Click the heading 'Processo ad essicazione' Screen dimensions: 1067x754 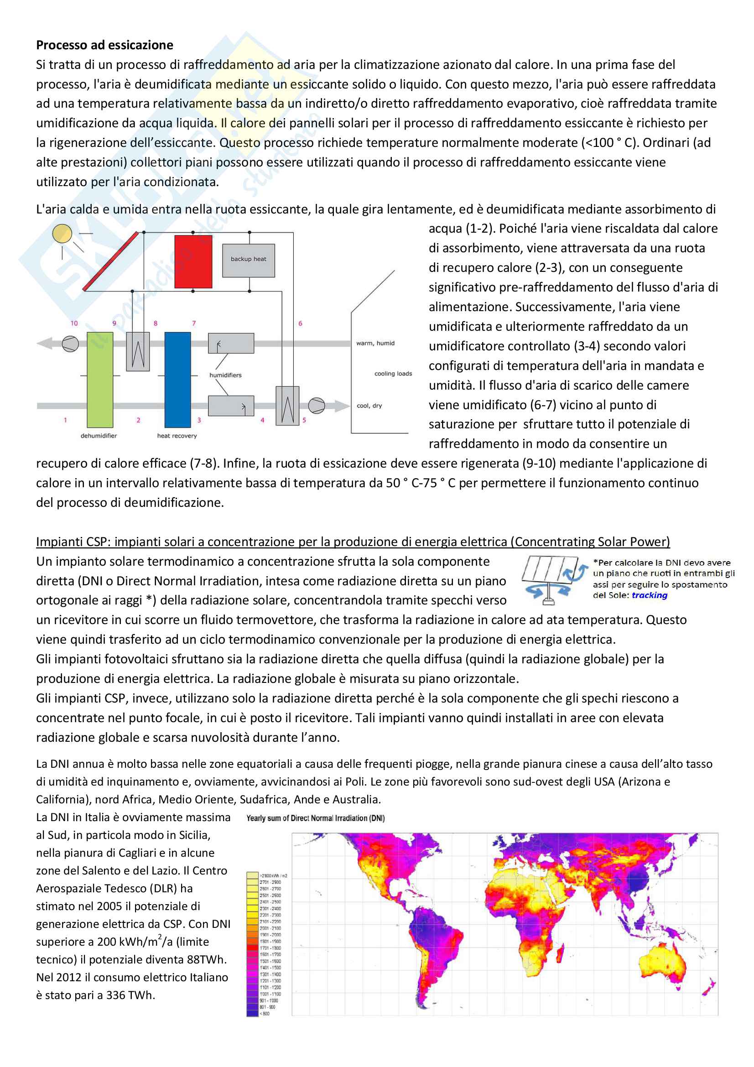[104, 45]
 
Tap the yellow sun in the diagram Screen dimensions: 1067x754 [62, 234]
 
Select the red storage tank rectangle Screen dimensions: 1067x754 [193, 262]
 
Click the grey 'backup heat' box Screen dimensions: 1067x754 [249, 260]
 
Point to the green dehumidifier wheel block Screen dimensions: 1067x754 [100, 379]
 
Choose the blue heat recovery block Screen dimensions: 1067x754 [177, 379]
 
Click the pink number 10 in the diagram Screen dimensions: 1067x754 [74, 323]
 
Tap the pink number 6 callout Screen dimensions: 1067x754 [300, 323]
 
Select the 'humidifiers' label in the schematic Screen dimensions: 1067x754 [225, 375]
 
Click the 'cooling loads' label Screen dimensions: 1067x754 [393, 374]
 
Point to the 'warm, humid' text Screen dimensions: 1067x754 [375, 344]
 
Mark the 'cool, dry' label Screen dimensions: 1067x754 [369, 406]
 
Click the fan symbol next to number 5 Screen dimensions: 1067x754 [317, 405]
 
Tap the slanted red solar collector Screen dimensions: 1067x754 [110, 261]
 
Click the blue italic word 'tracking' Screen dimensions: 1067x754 [650, 595]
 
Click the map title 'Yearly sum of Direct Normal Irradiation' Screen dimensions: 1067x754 [316, 818]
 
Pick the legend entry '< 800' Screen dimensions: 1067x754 [265, 1014]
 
